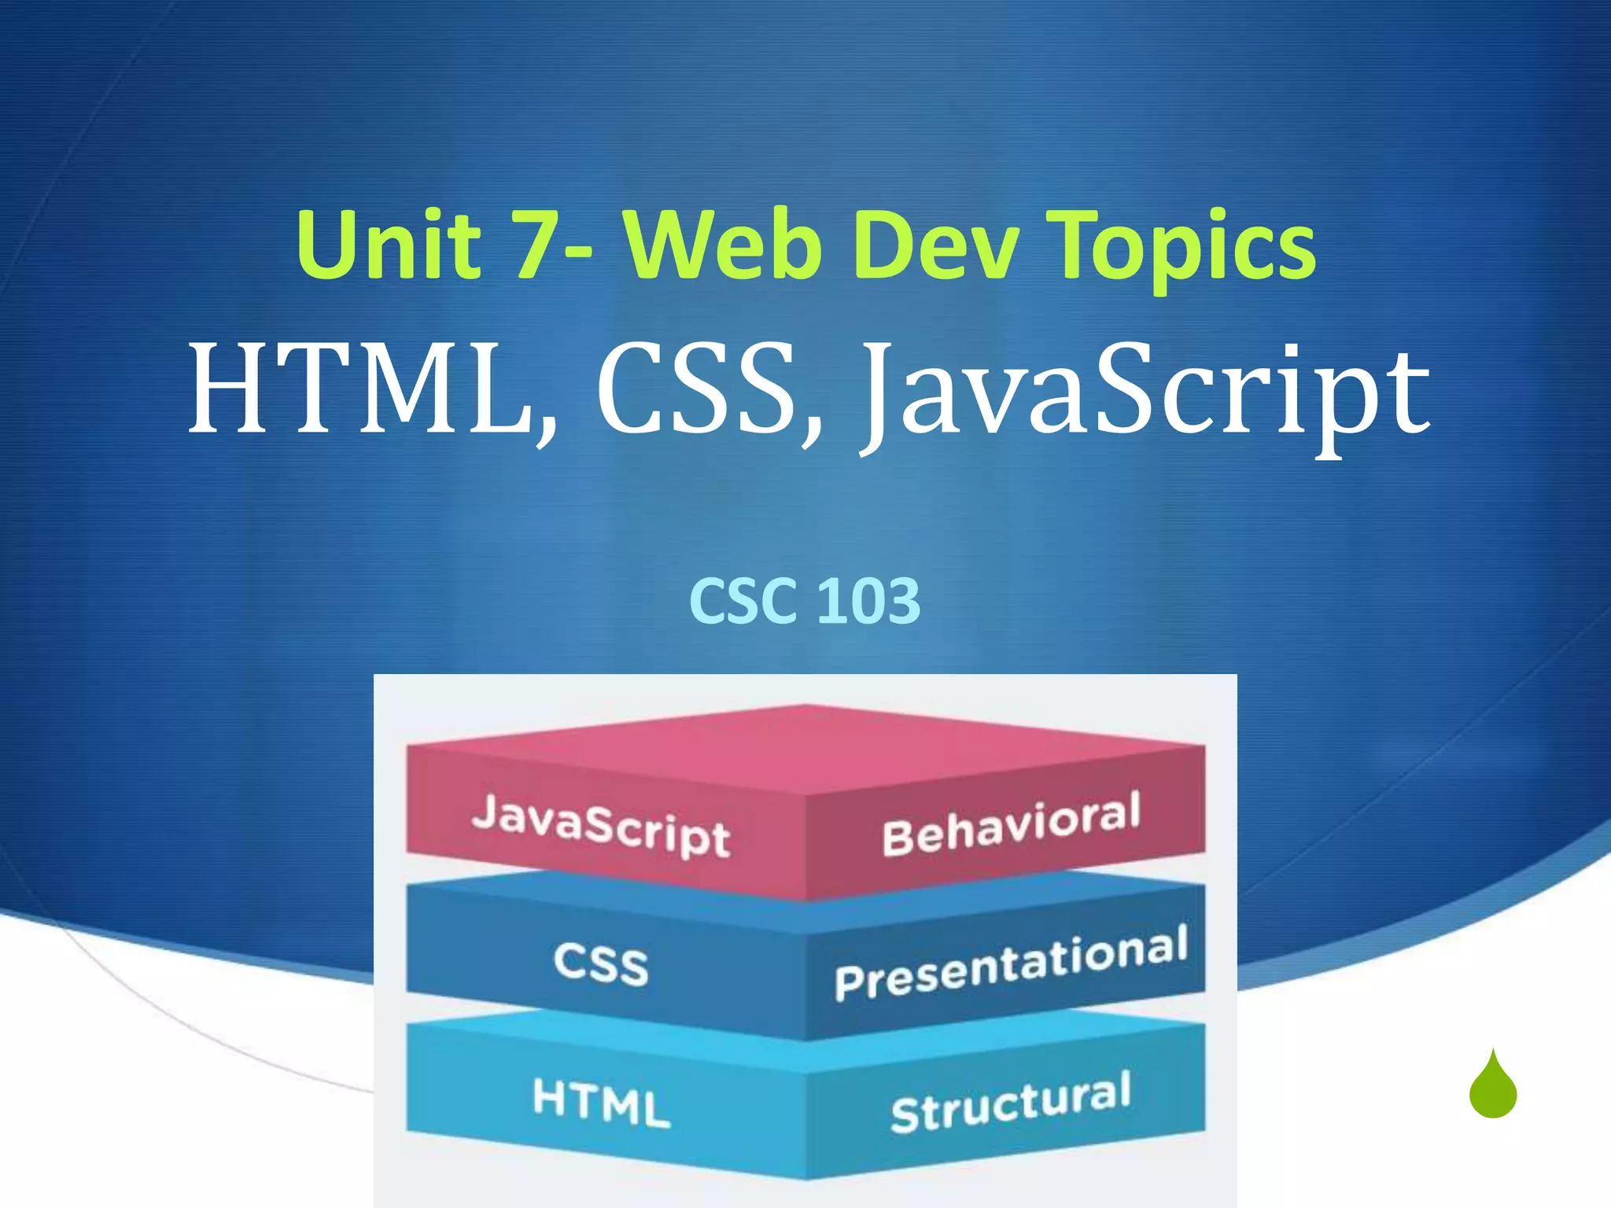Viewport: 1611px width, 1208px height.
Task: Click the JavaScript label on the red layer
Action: pyautogui.click(x=602, y=825)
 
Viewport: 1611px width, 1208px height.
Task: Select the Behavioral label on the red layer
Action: pyautogui.click(x=1011, y=824)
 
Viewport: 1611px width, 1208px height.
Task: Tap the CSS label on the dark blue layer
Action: pyautogui.click(x=601, y=964)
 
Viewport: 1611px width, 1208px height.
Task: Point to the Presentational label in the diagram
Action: pyautogui.click(x=1011, y=964)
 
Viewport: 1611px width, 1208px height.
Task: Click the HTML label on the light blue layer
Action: pyautogui.click(x=601, y=1103)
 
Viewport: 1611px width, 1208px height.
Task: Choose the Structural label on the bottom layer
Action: pyautogui.click(x=1011, y=1102)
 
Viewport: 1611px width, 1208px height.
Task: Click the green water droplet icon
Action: pyautogui.click(x=1492, y=1088)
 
